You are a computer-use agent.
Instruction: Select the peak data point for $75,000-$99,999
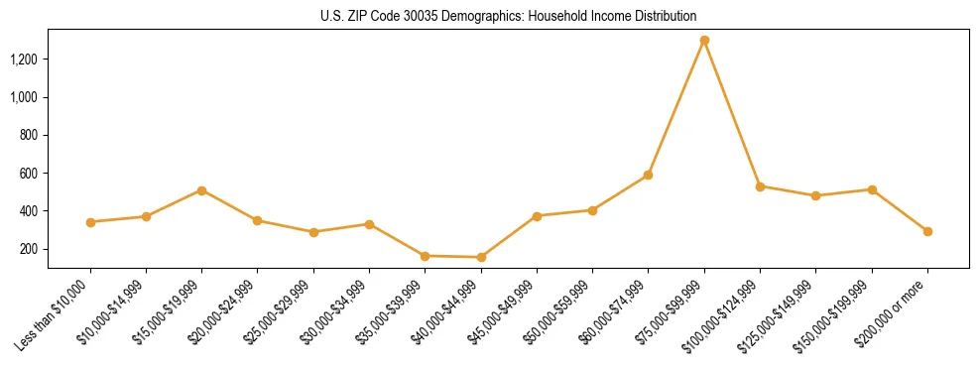(x=704, y=41)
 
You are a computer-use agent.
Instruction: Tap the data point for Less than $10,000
(x=90, y=222)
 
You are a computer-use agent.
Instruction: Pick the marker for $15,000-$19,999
(x=201, y=190)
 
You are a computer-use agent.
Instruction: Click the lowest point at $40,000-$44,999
(x=481, y=257)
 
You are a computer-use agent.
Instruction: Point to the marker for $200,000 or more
(x=927, y=231)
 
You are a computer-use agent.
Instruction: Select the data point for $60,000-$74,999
(x=648, y=175)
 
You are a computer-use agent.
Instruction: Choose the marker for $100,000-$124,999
(x=760, y=186)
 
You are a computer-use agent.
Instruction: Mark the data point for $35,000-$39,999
(x=425, y=256)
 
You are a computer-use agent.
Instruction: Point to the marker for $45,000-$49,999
(x=537, y=216)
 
